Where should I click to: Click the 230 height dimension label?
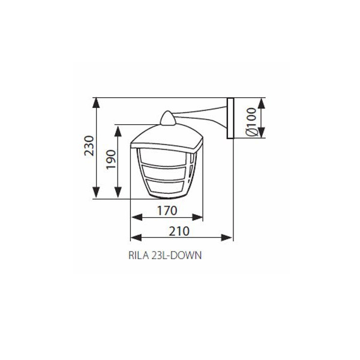89,146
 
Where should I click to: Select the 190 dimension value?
111,160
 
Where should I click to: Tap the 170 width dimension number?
167,211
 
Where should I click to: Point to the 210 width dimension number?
179,231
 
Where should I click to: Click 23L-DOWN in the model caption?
176,256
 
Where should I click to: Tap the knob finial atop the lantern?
168,118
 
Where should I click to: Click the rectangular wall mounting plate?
230,118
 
